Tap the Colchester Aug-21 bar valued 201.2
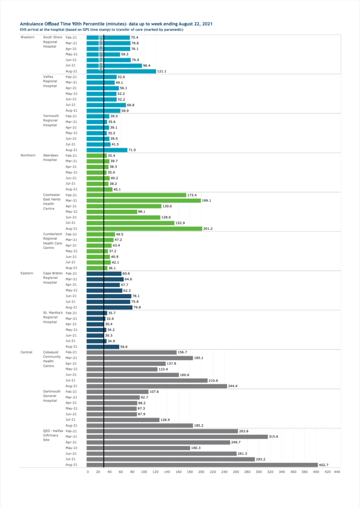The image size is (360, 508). pos(144,229)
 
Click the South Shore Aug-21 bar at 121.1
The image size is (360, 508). pos(121,71)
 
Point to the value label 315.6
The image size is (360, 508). pos(276,437)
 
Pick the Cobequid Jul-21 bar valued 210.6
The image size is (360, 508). pos(147,381)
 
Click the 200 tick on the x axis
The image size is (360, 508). pos(202,472)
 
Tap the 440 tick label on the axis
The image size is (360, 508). pos(337,472)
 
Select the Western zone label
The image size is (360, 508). pos(27,37)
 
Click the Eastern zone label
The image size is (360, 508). pos(27,273)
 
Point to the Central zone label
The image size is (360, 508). pos(27,352)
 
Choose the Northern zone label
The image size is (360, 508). pos(28,155)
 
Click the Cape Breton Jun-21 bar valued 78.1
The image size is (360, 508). pos(109,296)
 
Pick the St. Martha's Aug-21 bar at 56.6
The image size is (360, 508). pos(103,347)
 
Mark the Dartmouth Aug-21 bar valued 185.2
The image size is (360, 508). pos(140,425)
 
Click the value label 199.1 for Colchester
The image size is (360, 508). pos(210,200)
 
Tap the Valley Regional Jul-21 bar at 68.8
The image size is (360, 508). pos(106,105)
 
